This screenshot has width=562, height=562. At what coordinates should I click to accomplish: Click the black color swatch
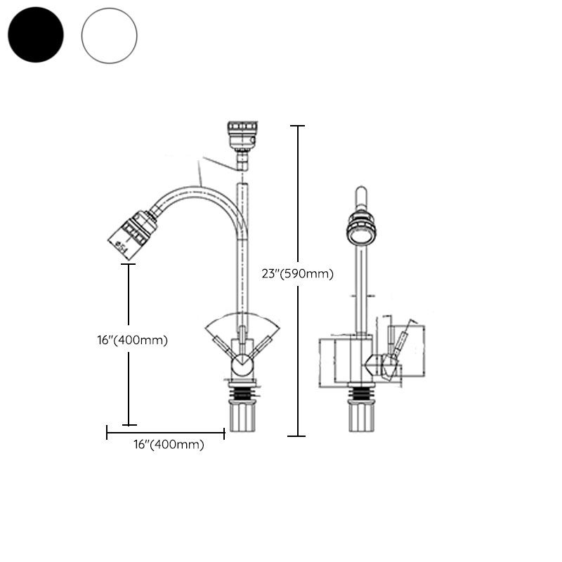pyautogui.click(x=35, y=34)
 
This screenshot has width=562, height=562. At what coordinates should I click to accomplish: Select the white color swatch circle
pyautogui.click(x=109, y=34)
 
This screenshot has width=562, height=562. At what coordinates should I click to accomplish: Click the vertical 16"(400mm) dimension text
pyautogui.click(x=133, y=340)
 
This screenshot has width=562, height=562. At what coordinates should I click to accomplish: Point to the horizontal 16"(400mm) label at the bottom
pyautogui.click(x=169, y=445)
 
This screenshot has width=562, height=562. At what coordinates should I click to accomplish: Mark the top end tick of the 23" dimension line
pyautogui.click(x=297, y=126)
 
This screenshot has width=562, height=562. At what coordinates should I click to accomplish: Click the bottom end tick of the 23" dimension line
pyautogui.click(x=297, y=436)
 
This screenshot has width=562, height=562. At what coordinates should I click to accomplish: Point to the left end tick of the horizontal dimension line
pyautogui.click(x=107, y=433)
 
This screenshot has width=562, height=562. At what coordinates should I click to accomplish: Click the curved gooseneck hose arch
pyautogui.click(x=197, y=188)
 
